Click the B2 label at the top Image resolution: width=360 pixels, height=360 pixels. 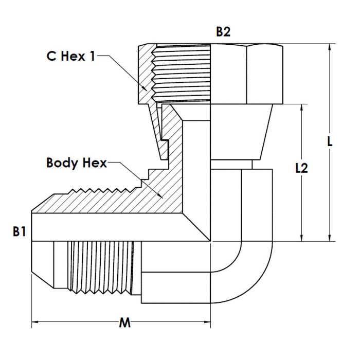[223, 32]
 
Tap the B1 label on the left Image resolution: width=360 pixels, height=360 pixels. [20, 231]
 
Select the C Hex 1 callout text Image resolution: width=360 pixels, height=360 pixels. [71, 56]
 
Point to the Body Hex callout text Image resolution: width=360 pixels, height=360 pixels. [77, 163]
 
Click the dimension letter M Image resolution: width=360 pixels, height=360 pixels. [125, 323]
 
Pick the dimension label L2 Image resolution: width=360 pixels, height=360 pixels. [301, 168]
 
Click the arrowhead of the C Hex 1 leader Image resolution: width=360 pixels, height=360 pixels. [145, 88]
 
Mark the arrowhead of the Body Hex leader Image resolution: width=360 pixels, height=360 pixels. [160, 195]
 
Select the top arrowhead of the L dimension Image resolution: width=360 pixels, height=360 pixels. [330, 47]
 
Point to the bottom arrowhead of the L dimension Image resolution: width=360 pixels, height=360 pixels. [330, 238]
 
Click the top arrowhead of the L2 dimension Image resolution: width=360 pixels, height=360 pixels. [301, 108]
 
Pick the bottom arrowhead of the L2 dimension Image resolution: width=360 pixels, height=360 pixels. [301, 238]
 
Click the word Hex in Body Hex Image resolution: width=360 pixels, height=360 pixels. [95, 163]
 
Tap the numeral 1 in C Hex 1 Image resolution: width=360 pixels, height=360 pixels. [93, 56]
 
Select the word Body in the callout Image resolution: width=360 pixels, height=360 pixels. [62, 164]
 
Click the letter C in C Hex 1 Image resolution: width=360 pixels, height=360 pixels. [51, 56]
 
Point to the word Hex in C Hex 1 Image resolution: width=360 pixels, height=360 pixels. [73, 56]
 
